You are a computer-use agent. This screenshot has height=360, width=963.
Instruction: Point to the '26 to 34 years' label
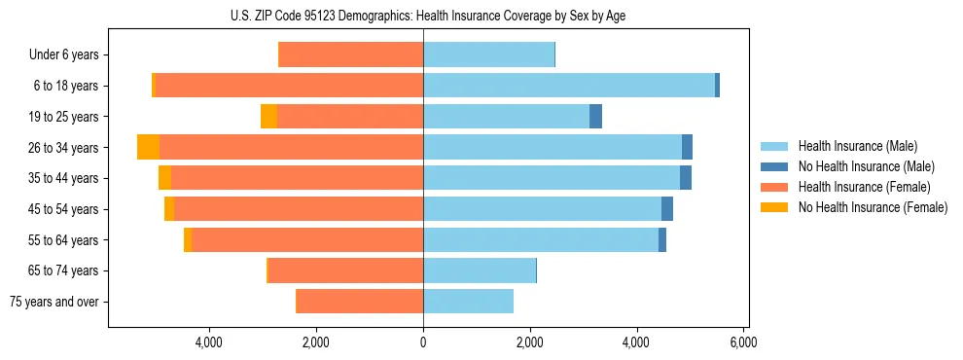tap(64, 148)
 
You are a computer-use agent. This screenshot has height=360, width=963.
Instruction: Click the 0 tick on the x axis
tap(423, 342)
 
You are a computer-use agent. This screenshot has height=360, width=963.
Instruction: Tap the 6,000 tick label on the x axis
tap(743, 342)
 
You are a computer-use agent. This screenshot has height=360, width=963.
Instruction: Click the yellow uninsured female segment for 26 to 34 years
tap(148, 147)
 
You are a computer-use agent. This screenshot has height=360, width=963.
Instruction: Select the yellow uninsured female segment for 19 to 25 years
tap(268, 117)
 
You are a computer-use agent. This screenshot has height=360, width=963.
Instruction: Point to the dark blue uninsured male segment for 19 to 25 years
tap(595, 117)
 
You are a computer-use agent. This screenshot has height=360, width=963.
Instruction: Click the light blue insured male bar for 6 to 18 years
tap(569, 86)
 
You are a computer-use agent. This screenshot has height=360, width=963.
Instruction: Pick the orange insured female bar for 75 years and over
tap(360, 302)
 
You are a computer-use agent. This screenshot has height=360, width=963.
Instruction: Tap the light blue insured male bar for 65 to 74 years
tap(480, 270)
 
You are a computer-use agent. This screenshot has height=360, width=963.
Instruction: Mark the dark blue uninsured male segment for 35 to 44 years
tap(686, 178)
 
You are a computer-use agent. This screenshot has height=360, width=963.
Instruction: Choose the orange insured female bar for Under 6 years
tap(351, 54)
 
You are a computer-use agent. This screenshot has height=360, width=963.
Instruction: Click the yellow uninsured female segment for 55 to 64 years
tap(188, 239)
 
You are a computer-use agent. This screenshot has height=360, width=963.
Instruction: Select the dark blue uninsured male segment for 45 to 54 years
tap(667, 209)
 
